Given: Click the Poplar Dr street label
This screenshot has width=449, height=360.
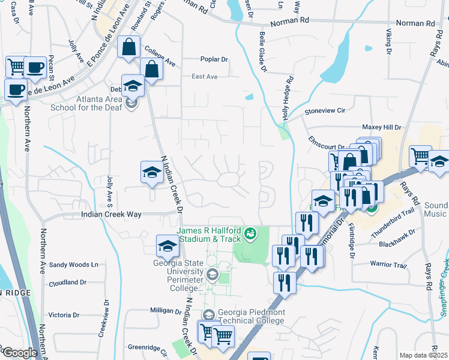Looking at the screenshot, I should [214, 59].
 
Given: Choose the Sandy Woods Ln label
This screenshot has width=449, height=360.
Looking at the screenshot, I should [73, 265].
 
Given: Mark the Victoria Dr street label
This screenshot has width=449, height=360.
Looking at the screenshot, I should [64, 315].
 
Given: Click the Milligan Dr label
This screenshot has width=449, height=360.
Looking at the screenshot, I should [165, 311].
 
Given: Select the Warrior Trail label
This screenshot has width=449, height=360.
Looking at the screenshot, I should [388, 265].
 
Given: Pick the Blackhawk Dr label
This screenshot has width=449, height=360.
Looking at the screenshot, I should [397, 244].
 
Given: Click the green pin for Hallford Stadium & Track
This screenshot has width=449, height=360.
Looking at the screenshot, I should [250, 232].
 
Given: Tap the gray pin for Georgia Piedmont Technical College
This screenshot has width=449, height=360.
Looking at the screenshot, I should [208, 315].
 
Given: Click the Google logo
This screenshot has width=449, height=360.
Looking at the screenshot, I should [20, 353].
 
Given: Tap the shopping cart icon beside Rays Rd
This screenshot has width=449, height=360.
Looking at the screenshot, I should [420, 157].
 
